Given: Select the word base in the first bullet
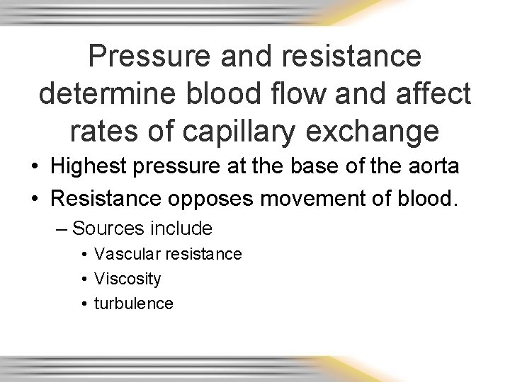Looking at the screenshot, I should click(x=319, y=167).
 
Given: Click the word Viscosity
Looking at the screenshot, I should click(x=127, y=279).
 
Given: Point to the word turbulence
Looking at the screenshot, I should click(x=134, y=303).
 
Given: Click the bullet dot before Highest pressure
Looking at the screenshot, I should click(x=34, y=168).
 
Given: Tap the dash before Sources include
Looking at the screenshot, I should click(x=62, y=228).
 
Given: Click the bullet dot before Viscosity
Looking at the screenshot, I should click(x=84, y=279).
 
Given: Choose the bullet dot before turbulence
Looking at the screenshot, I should click(x=84, y=303).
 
